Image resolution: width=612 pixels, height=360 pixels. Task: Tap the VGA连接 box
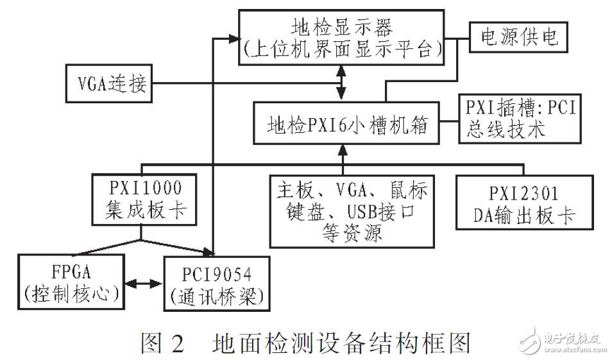[x=108, y=83]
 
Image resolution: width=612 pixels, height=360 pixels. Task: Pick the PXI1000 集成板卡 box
[x=142, y=200]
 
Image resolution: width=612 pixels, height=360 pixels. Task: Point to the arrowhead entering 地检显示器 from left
[x=234, y=38]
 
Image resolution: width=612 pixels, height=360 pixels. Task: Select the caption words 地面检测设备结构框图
[x=341, y=341]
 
